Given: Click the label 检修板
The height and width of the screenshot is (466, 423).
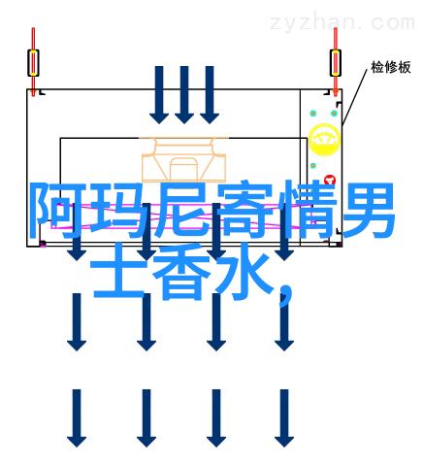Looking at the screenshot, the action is [x=391, y=67].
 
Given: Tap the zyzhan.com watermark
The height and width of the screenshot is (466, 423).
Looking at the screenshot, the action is [x=342, y=22].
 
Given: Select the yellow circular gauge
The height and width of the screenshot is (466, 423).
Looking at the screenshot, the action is [x=324, y=139].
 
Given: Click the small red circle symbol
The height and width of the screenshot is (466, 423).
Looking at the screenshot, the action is [x=330, y=180].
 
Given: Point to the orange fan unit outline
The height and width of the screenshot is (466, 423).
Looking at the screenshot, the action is [x=183, y=159].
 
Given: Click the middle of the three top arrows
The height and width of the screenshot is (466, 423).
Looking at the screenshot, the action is [x=184, y=95].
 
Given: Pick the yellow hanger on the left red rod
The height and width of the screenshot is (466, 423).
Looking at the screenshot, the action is [x=33, y=63].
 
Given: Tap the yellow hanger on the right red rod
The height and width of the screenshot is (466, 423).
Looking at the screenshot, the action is [x=336, y=63].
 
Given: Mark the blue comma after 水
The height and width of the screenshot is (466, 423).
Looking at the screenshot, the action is [x=284, y=294].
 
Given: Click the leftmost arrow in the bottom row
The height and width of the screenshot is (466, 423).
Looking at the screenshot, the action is [x=77, y=418].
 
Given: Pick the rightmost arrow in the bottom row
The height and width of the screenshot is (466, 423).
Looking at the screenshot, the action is [x=284, y=418].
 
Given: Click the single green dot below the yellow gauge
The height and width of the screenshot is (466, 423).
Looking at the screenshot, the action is [x=313, y=166].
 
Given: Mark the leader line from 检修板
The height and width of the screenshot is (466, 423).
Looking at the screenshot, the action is [x=355, y=96].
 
